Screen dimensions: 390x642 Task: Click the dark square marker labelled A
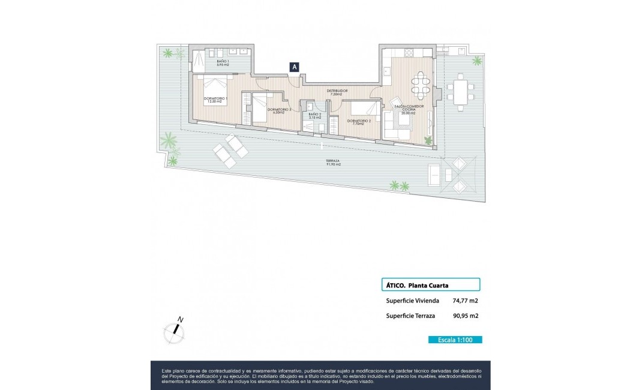click(295, 67)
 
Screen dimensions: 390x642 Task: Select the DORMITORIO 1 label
click(215, 100)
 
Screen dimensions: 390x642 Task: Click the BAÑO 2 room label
click(314, 116)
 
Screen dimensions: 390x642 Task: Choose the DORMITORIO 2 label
click(359, 122)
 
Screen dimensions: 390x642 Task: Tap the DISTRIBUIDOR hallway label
click(337, 92)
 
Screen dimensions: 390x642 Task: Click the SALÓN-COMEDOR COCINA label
click(409, 110)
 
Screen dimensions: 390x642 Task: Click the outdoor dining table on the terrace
click(461, 92)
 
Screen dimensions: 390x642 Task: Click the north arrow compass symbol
click(175, 328)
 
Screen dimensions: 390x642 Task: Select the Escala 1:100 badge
click(455, 340)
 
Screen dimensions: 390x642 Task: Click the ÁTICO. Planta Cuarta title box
click(430, 285)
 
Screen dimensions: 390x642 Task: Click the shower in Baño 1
click(199, 59)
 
